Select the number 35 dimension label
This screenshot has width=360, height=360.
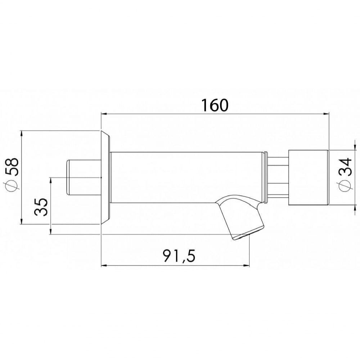pyautogui.click(x=42, y=206)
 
